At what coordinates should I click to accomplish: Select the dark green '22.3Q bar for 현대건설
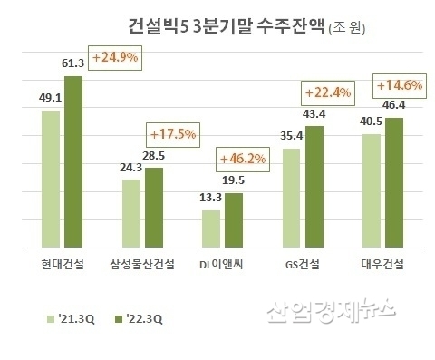pyautogui.click(x=73, y=161)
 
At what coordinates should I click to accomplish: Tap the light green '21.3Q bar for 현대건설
pyautogui.click(x=51, y=179)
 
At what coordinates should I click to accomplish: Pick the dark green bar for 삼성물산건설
pyautogui.click(x=155, y=208)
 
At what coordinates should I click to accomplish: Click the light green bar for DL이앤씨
pyautogui.click(x=210, y=229)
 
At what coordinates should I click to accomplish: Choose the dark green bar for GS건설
pyautogui.click(x=314, y=187)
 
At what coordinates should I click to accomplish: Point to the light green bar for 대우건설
pyautogui.click(x=369, y=190)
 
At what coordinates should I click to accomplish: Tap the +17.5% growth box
pyautogui.click(x=172, y=134)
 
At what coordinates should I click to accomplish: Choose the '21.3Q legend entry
pyautogui.click(x=71, y=319)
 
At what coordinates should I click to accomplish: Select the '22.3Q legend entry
pyautogui.click(x=136, y=319)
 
